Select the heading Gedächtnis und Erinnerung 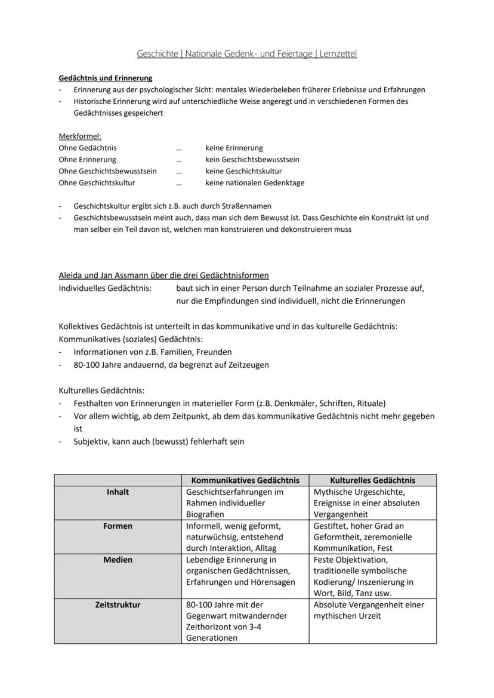pyautogui.click(x=106, y=78)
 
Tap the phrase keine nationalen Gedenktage pyautogui.click(x=255, y=183)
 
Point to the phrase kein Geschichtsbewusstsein pyautogui.click(x=252, y=160)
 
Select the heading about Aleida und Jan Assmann pyautogui.click(x=163, y=275)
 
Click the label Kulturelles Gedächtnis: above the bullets pyautogui.click(x=101, y=390)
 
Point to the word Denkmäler pyautogui.click(x=293, y=403)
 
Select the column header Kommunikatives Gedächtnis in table pyautogui.click(x=245, y=480)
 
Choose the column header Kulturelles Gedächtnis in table pyautogui.click(x=372, y=480)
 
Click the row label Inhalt pyautogui.click(x=118, y=492)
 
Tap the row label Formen pyautogui.click(x=118, y=526)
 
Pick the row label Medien pyautogui.click(x=118, y=560)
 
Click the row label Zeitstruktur pyautogui.click(x=118, y=604)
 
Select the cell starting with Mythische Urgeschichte pyautogui.click(x=366, y=502)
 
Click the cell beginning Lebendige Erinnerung pyautogui.click(x=240, y=570)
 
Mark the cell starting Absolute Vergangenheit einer pyautogui.click(x=369, y=610)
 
